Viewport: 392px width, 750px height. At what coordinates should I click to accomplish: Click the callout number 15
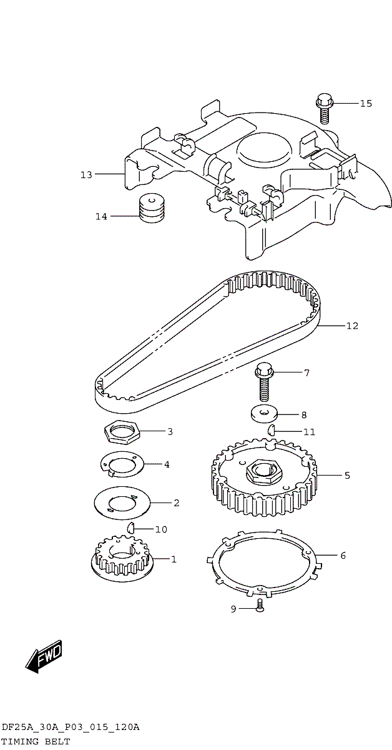(x=366, y=104)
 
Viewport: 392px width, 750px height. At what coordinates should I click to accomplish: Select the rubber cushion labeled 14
(x=152, y=208)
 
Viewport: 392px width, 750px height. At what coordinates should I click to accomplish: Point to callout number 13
(x=86, y=175)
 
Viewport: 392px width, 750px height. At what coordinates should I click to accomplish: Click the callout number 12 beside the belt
(x=352, y=326)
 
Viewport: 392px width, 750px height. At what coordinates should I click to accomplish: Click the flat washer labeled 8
(x=265, y=415)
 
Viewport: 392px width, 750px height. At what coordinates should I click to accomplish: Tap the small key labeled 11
(x=272, y=429)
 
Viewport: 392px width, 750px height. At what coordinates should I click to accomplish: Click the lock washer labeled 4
(x=122, y=464)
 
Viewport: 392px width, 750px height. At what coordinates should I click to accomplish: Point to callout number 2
(x=176, y=503)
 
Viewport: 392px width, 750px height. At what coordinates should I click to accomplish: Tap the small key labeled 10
(x=131, y=528)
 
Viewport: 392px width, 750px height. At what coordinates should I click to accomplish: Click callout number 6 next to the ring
(x=343, y=556)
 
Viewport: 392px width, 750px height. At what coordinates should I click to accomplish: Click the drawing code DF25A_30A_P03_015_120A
(x=71, y=727)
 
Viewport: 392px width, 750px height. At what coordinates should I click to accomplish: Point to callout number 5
(x=347, y=475)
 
